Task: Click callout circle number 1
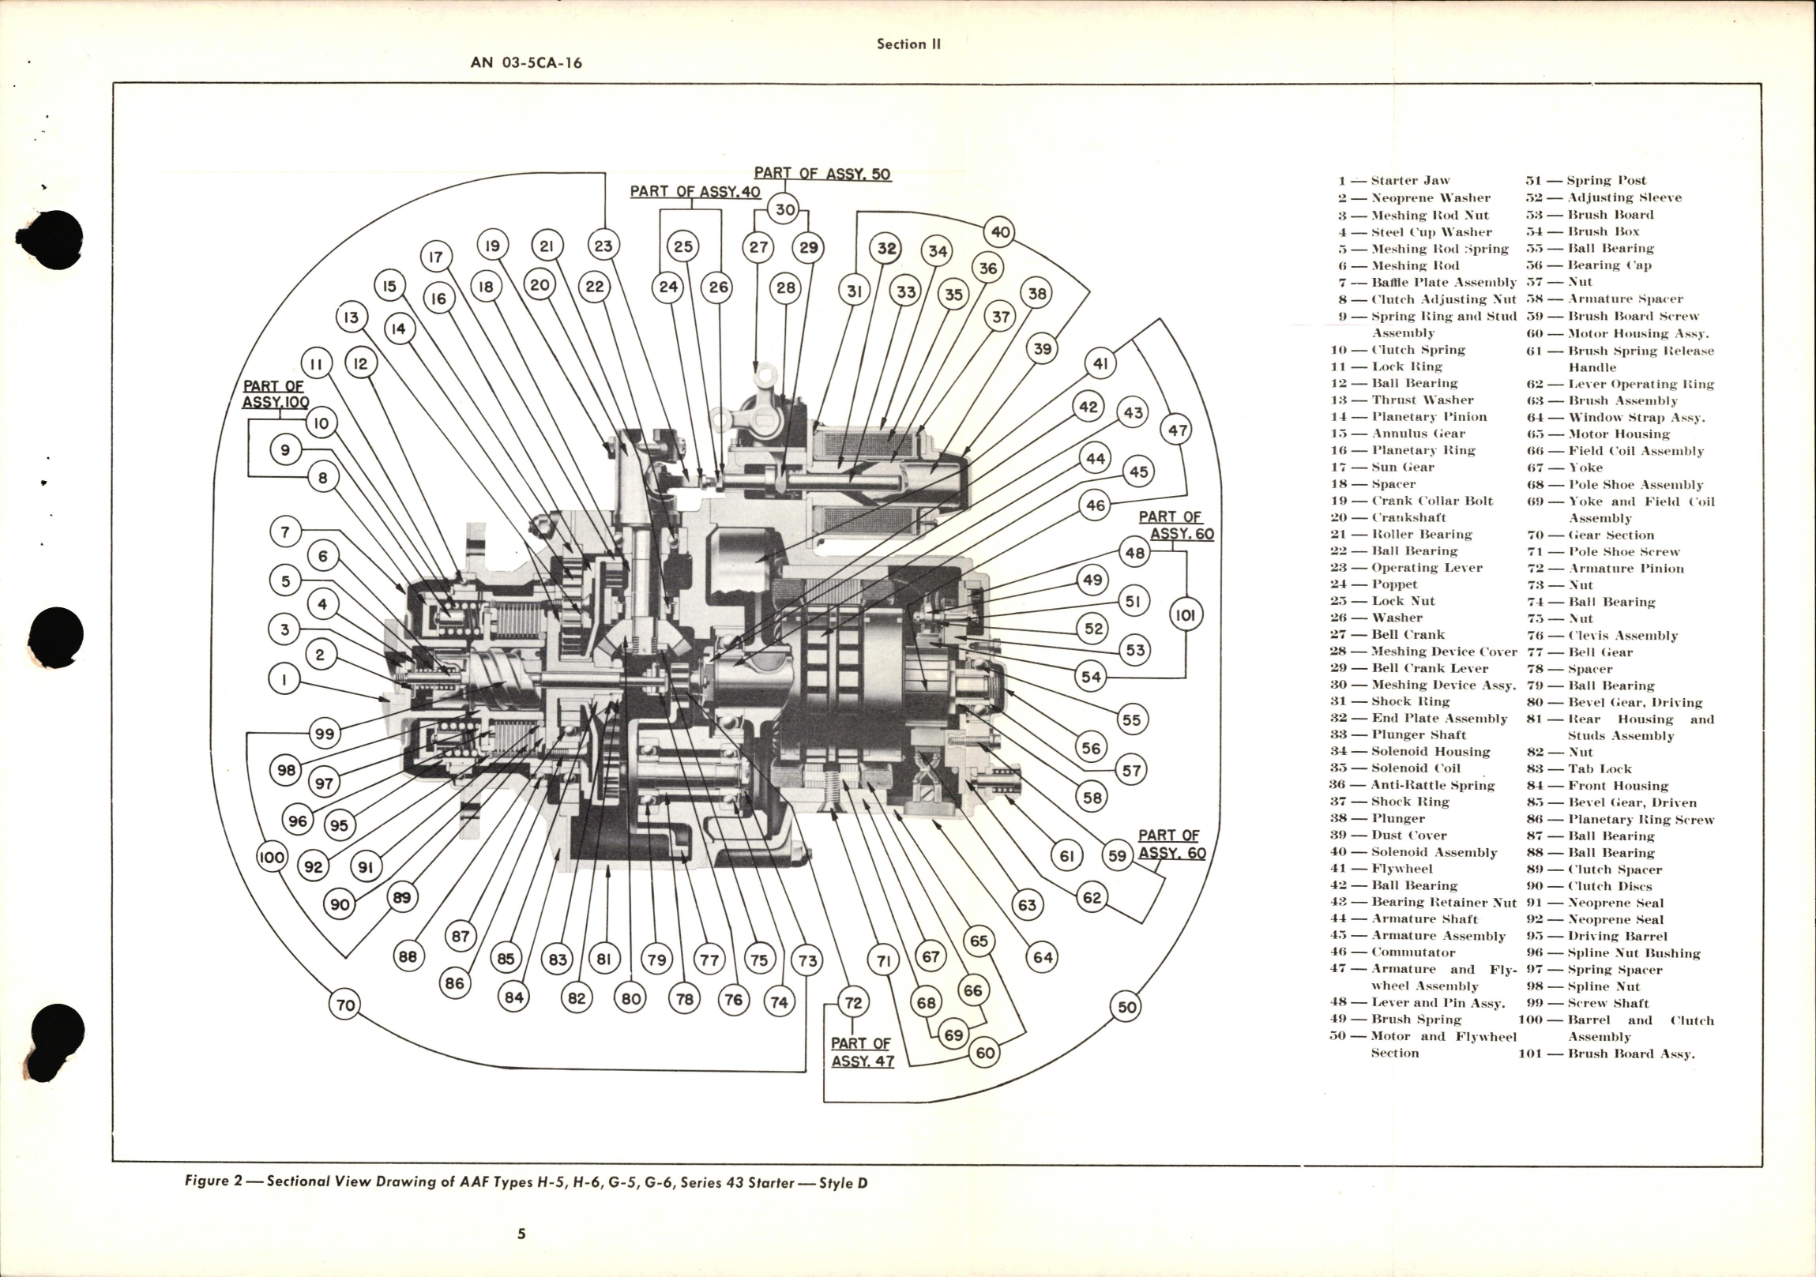tap(284, 678)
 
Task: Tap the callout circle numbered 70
tap(346, 1005)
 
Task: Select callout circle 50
tap(1126, 1007)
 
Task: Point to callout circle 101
tap(1185, 614)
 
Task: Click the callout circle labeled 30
tap(784, 209)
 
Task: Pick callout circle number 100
tap(272, 857)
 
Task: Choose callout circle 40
tap(1000, 231)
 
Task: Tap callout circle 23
tap(603, 246)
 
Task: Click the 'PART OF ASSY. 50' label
tap(822, 173)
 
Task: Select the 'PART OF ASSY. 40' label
tap(694, 191)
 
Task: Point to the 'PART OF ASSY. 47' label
tap(861, 1052)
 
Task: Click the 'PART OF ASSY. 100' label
tap(274, 394)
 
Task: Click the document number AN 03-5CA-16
tap(526, 62)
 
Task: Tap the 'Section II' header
tap(908, 44)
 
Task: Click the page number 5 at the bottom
tap(521, 1233)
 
